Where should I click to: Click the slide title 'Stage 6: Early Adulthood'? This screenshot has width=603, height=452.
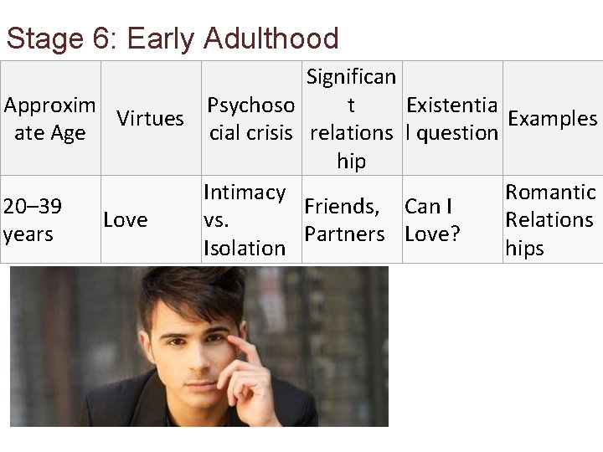tap(172, 39)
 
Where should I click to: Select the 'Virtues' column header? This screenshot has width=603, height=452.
tap(150, 119)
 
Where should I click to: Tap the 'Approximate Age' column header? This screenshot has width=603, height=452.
tap(49, 119)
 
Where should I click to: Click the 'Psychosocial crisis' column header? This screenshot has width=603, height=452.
tap(250, 119)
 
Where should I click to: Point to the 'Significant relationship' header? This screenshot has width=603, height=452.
tap(351, 119)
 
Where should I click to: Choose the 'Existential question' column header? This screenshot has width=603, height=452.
tap(451, 119)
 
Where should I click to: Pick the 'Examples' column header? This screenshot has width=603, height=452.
tap(552, 119)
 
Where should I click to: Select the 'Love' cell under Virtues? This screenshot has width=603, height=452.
tap(126, 220)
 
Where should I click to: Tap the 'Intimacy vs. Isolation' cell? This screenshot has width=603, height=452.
tap(245, 220)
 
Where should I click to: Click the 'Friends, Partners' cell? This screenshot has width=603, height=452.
tap(344, 220)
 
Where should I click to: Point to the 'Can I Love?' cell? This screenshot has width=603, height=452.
tap(432, 220)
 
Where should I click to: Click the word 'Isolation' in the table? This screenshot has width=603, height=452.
tap(245, 248)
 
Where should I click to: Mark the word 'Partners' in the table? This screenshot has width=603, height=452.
tap(344, 234)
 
